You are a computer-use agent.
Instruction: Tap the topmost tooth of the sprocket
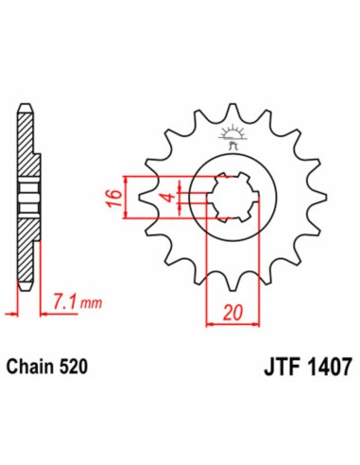[230, 110]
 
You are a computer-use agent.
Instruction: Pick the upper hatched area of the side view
[29, 151]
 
